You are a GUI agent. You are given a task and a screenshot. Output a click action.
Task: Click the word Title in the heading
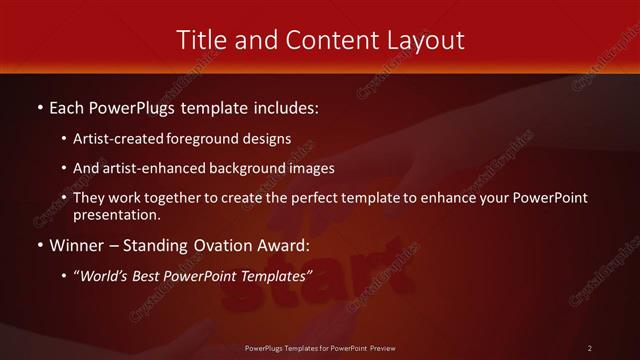[201, 40]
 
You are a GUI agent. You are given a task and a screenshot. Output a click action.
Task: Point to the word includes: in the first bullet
[284, 107]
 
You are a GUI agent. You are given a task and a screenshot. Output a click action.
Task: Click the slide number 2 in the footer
[590, 348]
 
